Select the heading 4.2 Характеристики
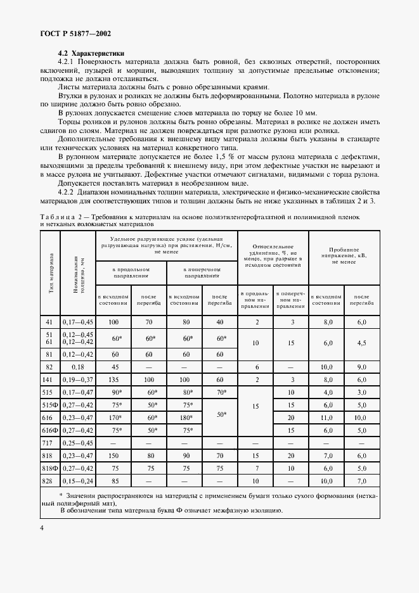pos(91,53)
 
